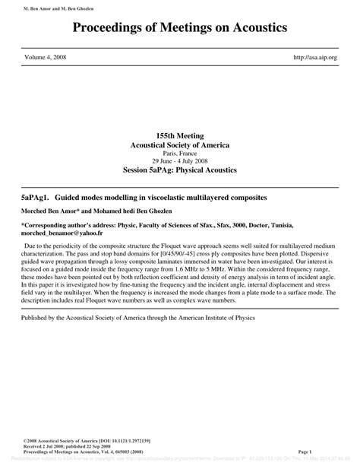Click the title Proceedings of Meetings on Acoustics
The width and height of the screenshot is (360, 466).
[179, 28]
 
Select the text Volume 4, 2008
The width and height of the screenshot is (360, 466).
[47, 57]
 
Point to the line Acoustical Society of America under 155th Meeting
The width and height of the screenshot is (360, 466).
[179, 144]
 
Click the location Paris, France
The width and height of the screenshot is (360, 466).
[179, 153]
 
